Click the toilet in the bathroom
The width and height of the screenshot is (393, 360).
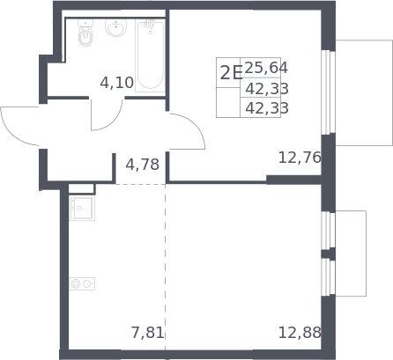pyautogui.click(x=85, y=33)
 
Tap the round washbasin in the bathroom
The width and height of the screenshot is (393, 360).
pyautogui.click(x=116, y=27)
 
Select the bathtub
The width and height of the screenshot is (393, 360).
pyautogui.click(x=150, y=55)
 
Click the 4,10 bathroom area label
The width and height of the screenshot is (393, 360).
pyautogui.click(x=116, y=83)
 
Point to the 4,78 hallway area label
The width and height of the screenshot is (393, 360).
pyautogui.click(x=143, y=165)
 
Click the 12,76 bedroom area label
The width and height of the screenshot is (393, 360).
pyautogui.click(x=300, y=158)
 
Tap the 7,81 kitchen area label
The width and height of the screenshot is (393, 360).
pyautogui.click(x=147, y=333)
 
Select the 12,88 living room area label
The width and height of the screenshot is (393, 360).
pyautogui.click(x=300, y=333)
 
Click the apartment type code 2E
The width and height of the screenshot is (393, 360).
pyautogui.click(x=231, y=73)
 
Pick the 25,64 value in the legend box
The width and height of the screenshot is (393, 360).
pyautogui.click(x=266, y=68)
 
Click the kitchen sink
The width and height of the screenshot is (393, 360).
pyautogui.click(x=82, y=208)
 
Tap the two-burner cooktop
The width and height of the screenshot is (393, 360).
pyautogui.click(x=82, y=283)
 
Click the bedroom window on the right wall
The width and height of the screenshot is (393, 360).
pyautogui.click(x=329, y=92)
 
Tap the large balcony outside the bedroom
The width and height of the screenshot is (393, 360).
pyautogui.click(x=364, y=92)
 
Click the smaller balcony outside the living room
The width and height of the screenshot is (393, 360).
pyautogui.click(x=351, y=253)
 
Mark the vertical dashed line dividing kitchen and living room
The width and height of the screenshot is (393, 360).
pyautogui.click(x=166, y=267)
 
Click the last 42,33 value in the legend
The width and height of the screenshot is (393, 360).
pyautogui.click(x=267, y=108)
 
